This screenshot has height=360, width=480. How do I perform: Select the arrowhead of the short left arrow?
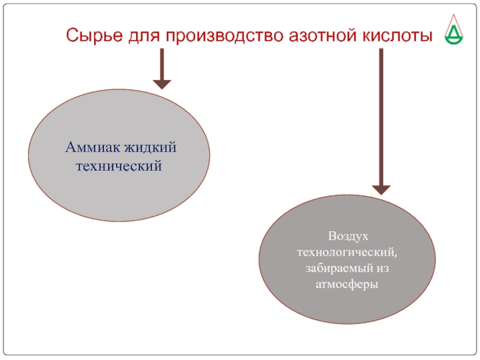pyautogui.click(x=162, y=83)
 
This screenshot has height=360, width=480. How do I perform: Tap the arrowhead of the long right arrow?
pyautogui.click(x=381, y=188)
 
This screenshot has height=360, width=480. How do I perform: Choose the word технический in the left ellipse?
pyautogui.click(x=119, y=164)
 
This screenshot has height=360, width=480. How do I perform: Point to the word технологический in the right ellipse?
pyautogui.click(x=347, y=252)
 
